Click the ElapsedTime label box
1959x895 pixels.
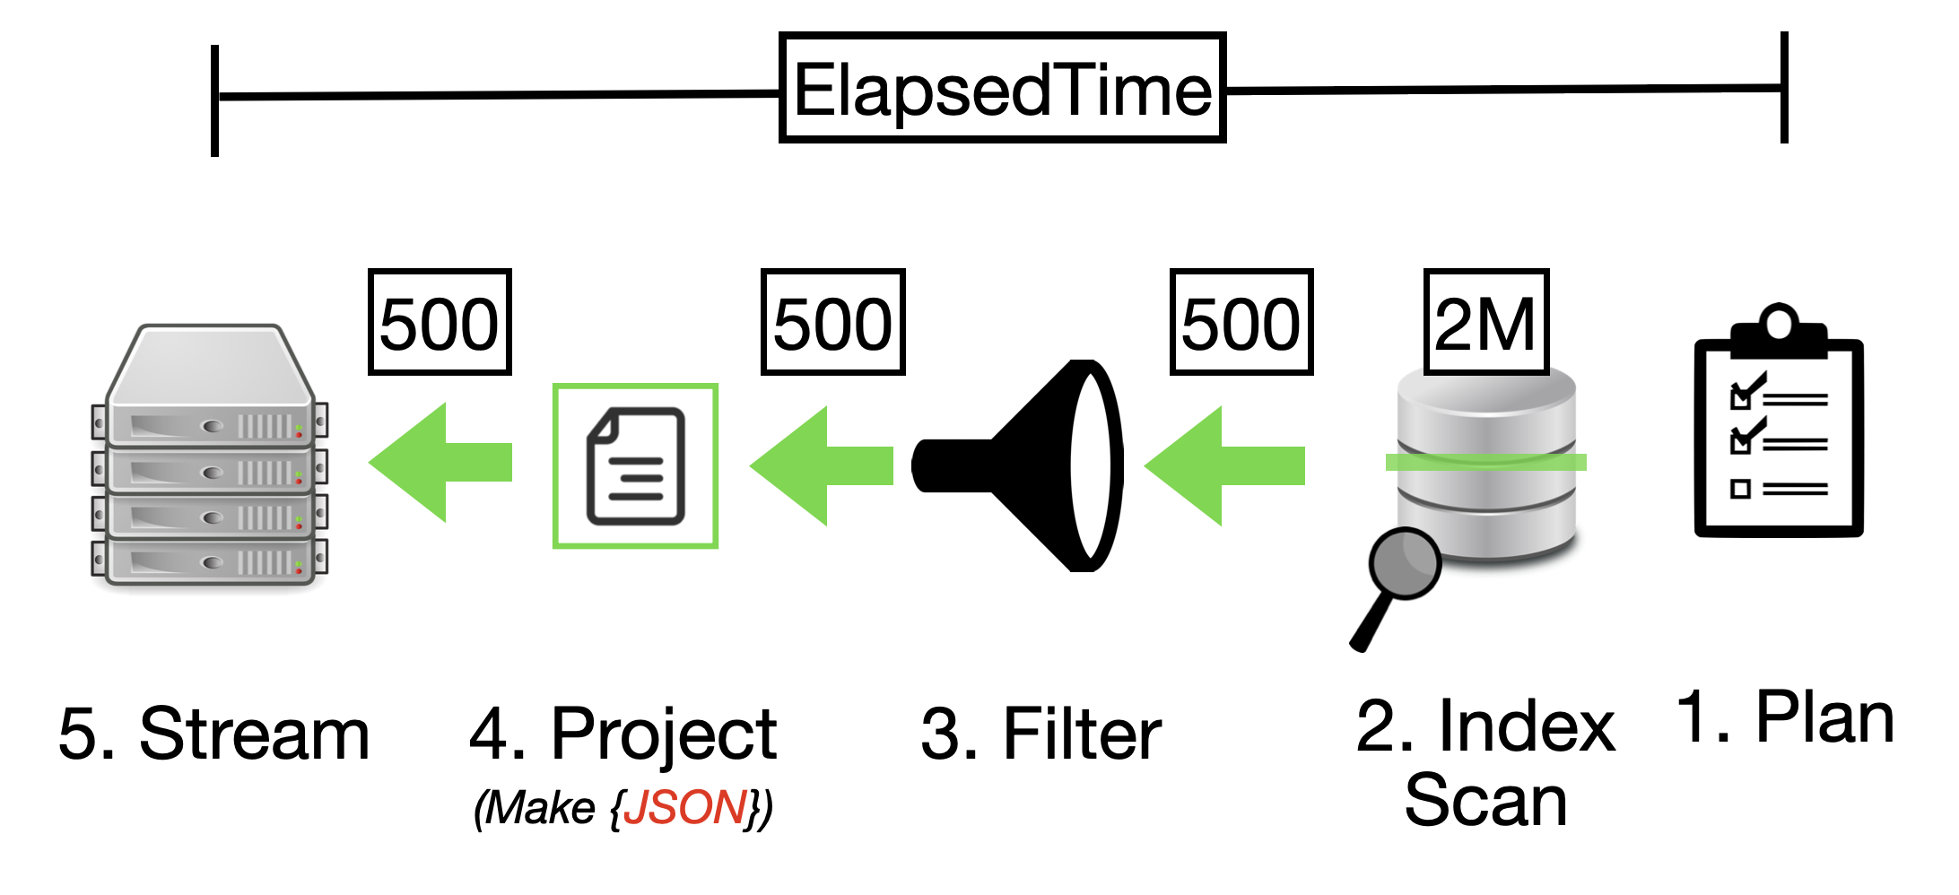click(1002, 89)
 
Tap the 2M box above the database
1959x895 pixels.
click(1485, 322)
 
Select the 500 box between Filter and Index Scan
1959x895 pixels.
click(1241, 322)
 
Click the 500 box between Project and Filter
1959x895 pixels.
click(832, 322)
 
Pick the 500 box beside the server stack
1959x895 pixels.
click(440, 322)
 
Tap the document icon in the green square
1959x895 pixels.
click(635, 465)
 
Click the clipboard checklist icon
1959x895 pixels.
click(1779, 430)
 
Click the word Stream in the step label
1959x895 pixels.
click(255, 734)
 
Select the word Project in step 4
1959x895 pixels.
click(664, 734)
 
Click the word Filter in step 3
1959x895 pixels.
click(1083, 734)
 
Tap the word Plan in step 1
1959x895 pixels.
click(1825, 718)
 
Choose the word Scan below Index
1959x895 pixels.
click(1485, 800)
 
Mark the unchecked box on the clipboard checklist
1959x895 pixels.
click(1740, 489)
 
